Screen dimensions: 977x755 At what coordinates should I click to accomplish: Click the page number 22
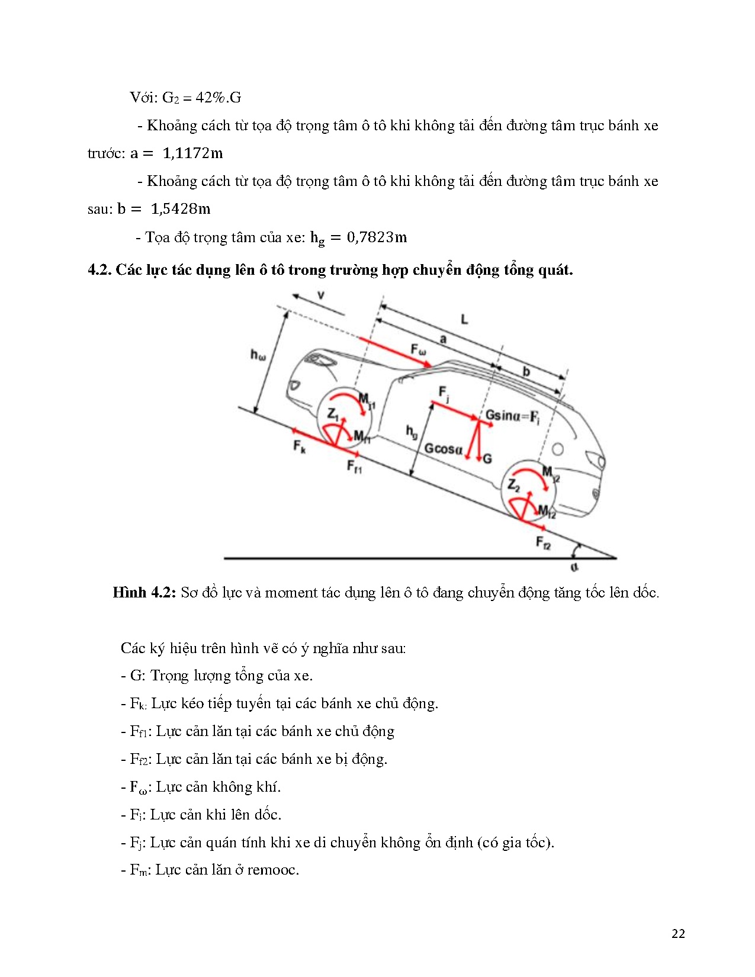pyautogui.click(x=678, y=934)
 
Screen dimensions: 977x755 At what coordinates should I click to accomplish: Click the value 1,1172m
pyautogui.click(x=192, y=153)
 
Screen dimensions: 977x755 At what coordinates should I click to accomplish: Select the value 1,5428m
pyautogui.click(x=181, y=209)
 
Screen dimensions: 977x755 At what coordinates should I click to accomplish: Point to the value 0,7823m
pyautogui.click(x=377, y=237)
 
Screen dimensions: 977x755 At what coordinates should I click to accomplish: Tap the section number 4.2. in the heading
pyautogui.click(x=99, y=270)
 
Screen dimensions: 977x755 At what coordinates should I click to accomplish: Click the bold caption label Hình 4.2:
pyautogui.click(x=144, y=593)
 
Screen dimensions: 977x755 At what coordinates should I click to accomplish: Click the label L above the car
pyautogui.click(x=464, y=319)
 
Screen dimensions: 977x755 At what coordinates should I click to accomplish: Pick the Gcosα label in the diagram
pyautogui.click(x=443, y=449)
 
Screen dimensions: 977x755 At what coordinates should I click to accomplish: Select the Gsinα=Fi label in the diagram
pyautogui.click(x=512, y=416)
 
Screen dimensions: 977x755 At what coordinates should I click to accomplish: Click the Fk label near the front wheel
pyautogui.click(x=300, y=446)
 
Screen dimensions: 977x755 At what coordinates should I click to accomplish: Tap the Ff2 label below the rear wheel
pyautogui.click(x=543, y=542)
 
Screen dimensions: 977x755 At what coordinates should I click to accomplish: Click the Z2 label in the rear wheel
pyautogui.click(x=513, y=486)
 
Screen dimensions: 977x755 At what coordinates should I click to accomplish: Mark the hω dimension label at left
pyautogui.click(x=258, y=355)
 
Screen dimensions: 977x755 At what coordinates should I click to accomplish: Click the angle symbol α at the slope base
pyautogui.click(x=574, y=567)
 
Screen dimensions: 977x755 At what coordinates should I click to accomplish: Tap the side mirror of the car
pyautogui.click(x=401, y=380)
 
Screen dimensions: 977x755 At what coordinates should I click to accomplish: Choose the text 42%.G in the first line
pyautogui.click(x=219, y=98)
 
